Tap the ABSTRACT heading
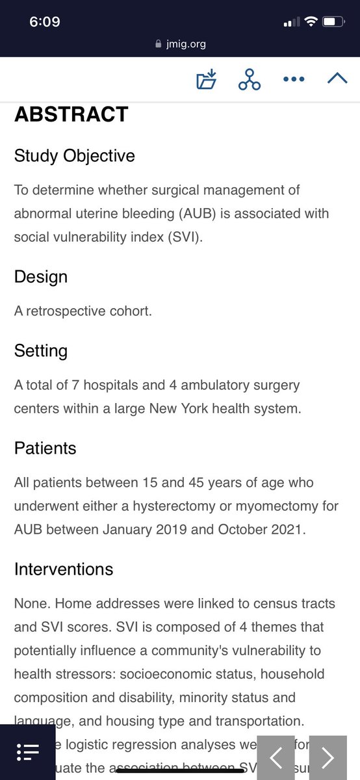click(x=71, y=114)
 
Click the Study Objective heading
click(x=75, y=156)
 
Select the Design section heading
click(x=41, y=277)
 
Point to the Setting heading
click(x=41, y=351)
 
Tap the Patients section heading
click(x=45, y=448)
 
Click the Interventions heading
click(x=64, y=569)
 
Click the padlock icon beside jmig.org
click(x=157, y=44)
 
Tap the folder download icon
click(x=206, y=80)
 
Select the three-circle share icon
click(x=249, y=80)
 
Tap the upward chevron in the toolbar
click(x=337, y=79)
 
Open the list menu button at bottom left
click(x=28, y=752)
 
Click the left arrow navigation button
click(x=277, y=757)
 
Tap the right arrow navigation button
click(x=328, y=757)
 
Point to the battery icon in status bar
click(x=333, y=22)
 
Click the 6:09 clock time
click(x=45, y=22)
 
